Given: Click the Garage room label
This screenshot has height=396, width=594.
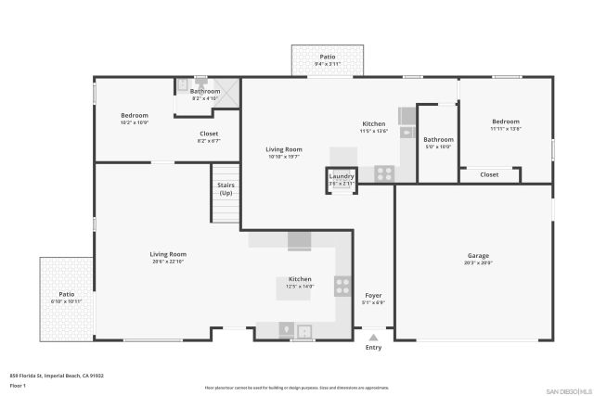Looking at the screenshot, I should click(478, 256).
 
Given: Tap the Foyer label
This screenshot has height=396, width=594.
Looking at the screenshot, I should click(373, 295).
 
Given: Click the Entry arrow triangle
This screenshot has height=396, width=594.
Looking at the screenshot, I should click(373, 339).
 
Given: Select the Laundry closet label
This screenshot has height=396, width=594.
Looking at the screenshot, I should click(342, 176).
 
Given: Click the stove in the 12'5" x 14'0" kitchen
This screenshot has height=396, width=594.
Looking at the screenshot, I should click(342, 287).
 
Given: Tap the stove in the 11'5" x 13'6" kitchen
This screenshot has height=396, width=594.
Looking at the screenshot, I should click(384, 172).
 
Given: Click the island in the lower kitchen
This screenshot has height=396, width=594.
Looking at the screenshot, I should click(300, 287).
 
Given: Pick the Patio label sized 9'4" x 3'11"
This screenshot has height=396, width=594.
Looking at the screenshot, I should click(328, 57).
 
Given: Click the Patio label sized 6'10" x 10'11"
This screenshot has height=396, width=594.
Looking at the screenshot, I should click(67, 294).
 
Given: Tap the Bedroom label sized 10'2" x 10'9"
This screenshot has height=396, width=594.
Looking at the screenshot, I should click(134, 116).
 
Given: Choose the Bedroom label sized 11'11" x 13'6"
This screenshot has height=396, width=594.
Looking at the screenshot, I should click(506, 121).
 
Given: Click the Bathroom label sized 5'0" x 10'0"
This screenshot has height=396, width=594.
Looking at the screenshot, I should click(438, 139).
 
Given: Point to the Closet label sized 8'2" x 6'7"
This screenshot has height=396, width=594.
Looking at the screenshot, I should click(209, 134).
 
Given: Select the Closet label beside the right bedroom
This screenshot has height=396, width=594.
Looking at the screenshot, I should click(489, 174).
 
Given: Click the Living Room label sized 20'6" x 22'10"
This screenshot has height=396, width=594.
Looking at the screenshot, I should click(169, 254).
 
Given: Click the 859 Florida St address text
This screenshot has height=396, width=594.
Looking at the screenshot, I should click(57, 376).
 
